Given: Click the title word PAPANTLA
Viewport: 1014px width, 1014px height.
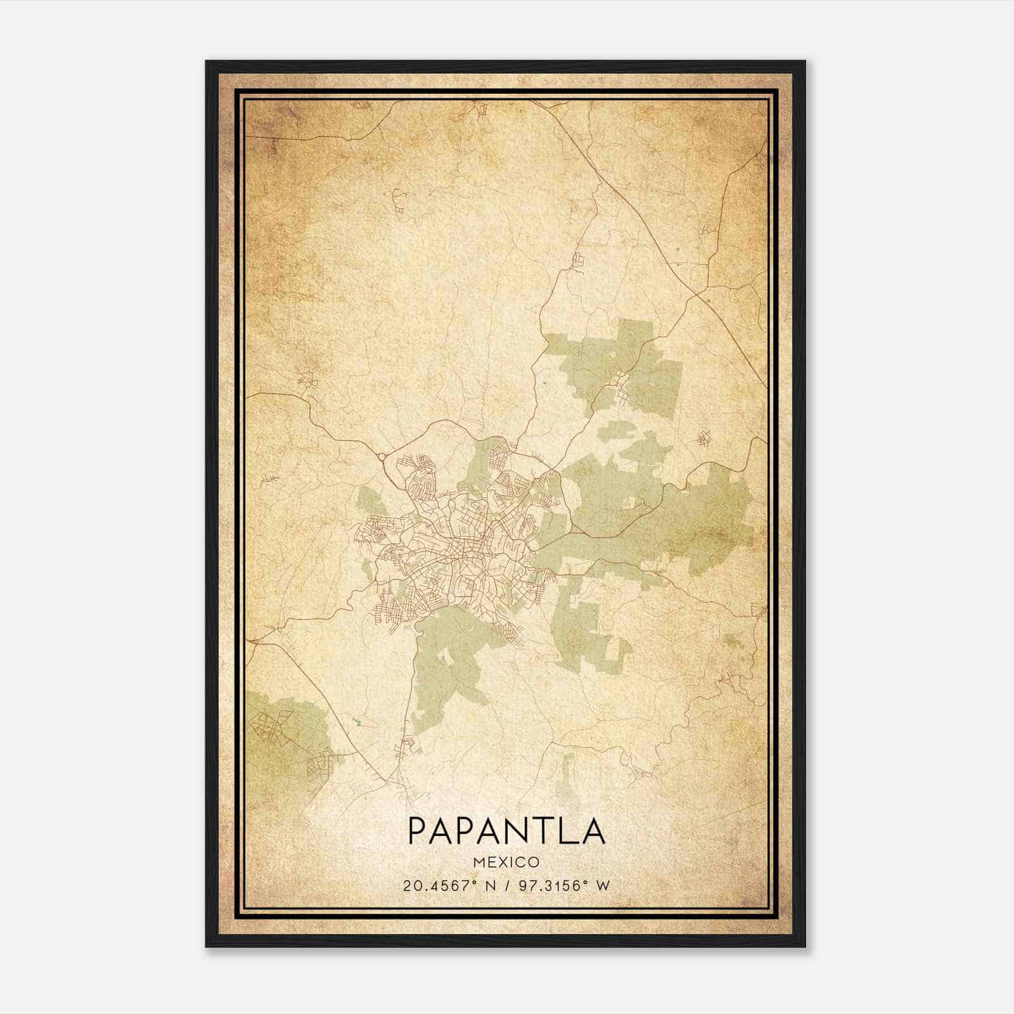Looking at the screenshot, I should tap(506, 830).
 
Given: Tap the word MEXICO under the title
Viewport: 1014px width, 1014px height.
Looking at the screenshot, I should tap(506, 862).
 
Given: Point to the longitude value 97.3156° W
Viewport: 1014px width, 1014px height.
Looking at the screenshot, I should tap(564, 885).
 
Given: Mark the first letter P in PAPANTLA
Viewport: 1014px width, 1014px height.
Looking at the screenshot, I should tap(418, 830).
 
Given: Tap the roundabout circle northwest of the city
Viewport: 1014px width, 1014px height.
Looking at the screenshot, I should tap(382, 457).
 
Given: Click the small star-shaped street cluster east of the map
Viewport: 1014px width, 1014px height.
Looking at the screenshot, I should tap(703, 437).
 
